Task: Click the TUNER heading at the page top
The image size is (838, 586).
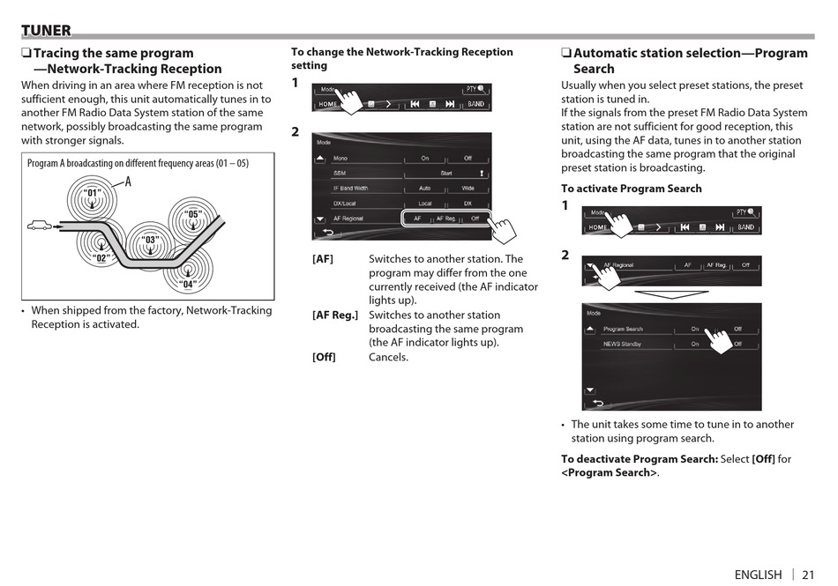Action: [x=46, y=31]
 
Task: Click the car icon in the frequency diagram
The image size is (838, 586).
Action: [x=40, y=226]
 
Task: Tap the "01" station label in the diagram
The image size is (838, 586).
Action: [x=92, y=193]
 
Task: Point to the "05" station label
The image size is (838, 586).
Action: [x=194, y=214]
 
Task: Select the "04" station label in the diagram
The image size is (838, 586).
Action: [x=187, y=284]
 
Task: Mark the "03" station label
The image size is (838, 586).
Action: [x=151, y=240]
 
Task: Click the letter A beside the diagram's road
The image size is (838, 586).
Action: [x=128, y=182]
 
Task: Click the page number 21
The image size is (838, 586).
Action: [x=808, y=575]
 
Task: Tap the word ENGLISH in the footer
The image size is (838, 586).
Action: [x=758, y=575]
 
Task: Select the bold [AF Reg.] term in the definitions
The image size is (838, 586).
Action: [x=335, y=315]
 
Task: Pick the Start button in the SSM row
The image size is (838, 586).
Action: [x=446, y=174]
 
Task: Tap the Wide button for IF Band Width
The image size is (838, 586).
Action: [x=468, y=189]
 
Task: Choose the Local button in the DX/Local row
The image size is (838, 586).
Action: [x=424, y=204]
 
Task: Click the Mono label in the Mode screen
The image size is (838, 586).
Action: [x=340, y=159]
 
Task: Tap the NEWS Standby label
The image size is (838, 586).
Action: [x=622, y=344]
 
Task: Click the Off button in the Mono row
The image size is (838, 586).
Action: [x=468, y=159]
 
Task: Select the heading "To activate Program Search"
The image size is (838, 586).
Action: [x=631, y=189]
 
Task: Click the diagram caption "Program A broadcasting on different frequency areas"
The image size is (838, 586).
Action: [x=138, y=163]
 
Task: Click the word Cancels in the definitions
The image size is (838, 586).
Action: [x=388, y=357]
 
